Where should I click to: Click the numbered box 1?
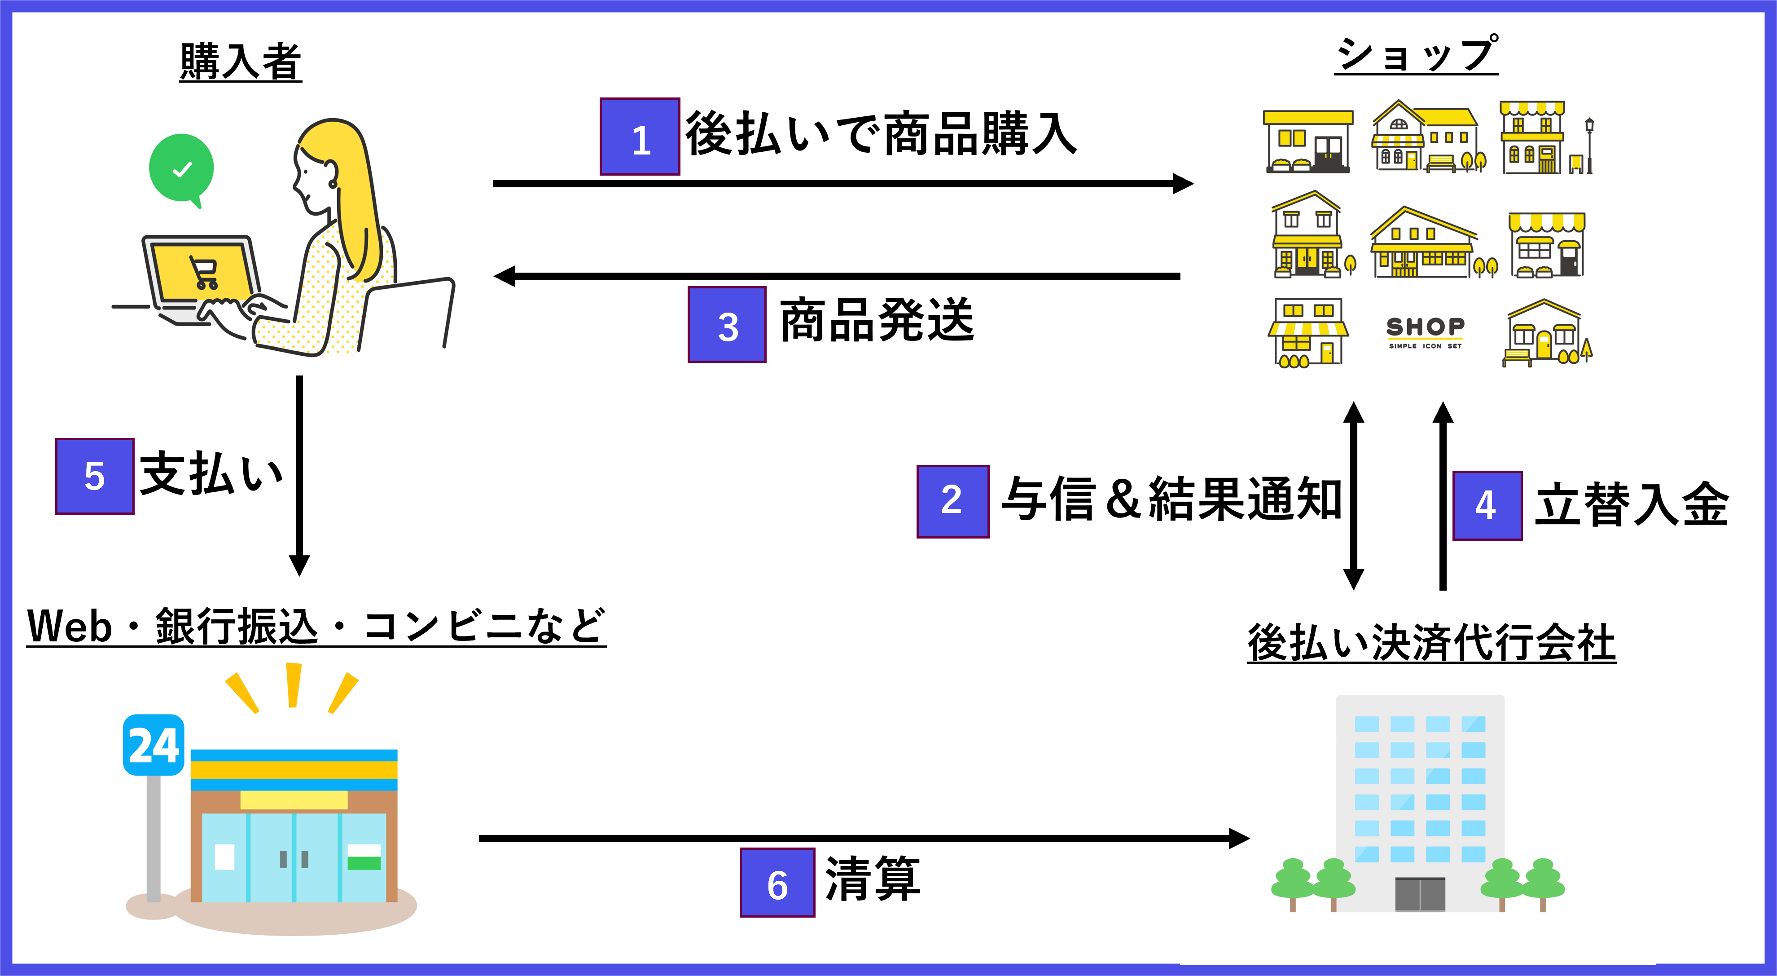(640, 137)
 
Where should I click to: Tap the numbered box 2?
(952, 501)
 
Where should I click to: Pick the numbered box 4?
(1487, 505)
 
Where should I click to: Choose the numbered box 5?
(95, 476)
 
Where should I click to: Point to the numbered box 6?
(777, 882)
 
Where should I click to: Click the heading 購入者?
(240, 62)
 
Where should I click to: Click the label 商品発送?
(876, 320)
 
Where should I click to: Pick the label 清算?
(872, 878)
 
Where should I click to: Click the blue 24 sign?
(153, 746)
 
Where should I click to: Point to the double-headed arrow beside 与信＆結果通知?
(1353, 495)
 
